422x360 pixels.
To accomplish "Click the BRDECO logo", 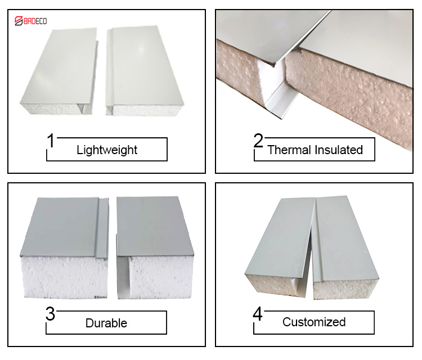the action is coord(31,21).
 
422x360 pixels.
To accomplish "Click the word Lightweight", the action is coord(107,150).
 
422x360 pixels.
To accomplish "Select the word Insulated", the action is coord(339,150).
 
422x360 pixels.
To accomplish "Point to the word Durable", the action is coord(106,323).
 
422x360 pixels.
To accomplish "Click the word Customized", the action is coord(314,322).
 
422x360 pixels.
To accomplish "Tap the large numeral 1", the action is coord(51,141).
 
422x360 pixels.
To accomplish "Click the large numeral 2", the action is coord(258,141).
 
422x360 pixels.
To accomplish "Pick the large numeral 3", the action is coord(50,314).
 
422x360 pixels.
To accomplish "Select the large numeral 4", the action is coord(258,314).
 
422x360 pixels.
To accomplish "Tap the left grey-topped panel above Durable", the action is coord(65,247).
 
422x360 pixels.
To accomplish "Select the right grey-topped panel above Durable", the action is coord(155,247).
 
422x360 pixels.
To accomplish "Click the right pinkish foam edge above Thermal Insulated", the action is coord(350,100).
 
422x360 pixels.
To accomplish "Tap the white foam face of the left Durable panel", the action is coord(65,277).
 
